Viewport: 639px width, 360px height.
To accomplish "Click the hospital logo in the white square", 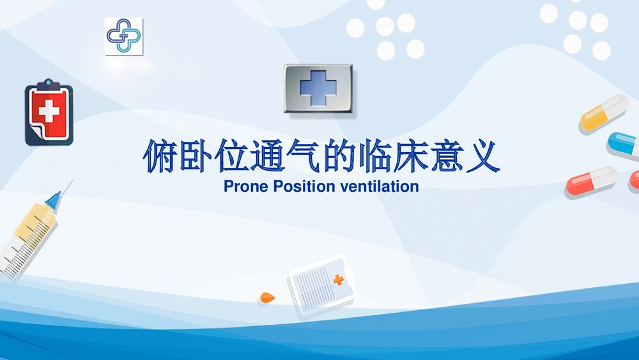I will point(123,36).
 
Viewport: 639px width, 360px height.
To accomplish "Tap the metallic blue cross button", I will point(318,89).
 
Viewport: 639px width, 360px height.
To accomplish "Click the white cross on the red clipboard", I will point(49,112).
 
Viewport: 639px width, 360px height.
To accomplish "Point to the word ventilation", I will point(380,187).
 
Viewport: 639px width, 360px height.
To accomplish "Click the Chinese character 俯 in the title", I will point(160,157).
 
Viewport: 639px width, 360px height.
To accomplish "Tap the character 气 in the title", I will point(303,157).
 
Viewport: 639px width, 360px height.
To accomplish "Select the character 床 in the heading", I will point(410,157).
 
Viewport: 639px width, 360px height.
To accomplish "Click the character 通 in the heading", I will point(267,157).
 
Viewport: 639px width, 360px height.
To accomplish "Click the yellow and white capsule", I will point(603,113).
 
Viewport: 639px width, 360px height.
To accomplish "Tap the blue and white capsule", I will point(623,145).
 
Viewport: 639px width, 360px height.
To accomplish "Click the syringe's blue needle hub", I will point(54,201).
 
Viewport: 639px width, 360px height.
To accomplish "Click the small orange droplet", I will point(266,297).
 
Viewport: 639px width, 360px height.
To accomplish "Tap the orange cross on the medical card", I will point(339,279).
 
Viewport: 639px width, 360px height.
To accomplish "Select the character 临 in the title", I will point(374,157).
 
